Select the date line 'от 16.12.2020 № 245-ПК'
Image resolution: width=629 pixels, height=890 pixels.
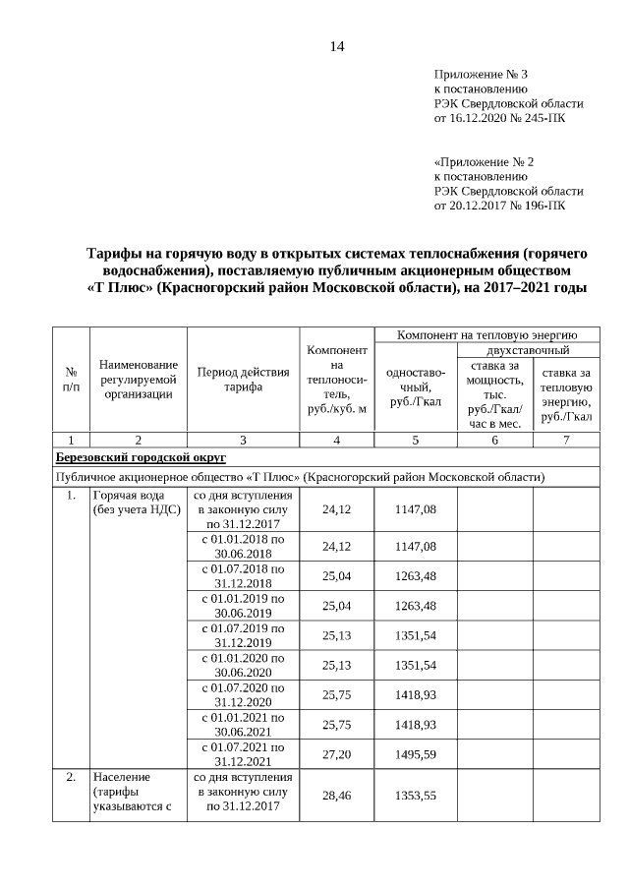pos(499,117)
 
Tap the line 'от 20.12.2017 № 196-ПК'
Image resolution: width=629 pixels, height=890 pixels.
pos(499,206)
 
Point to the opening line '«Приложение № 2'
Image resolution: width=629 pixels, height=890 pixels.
pos(484,161)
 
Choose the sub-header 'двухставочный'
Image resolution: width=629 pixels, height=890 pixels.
pos(529,350)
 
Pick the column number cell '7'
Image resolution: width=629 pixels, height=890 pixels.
pos(566,440)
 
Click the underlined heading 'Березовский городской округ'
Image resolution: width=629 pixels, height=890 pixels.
pos(141,457)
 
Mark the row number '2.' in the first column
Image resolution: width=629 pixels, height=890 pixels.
pos(71,777)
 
